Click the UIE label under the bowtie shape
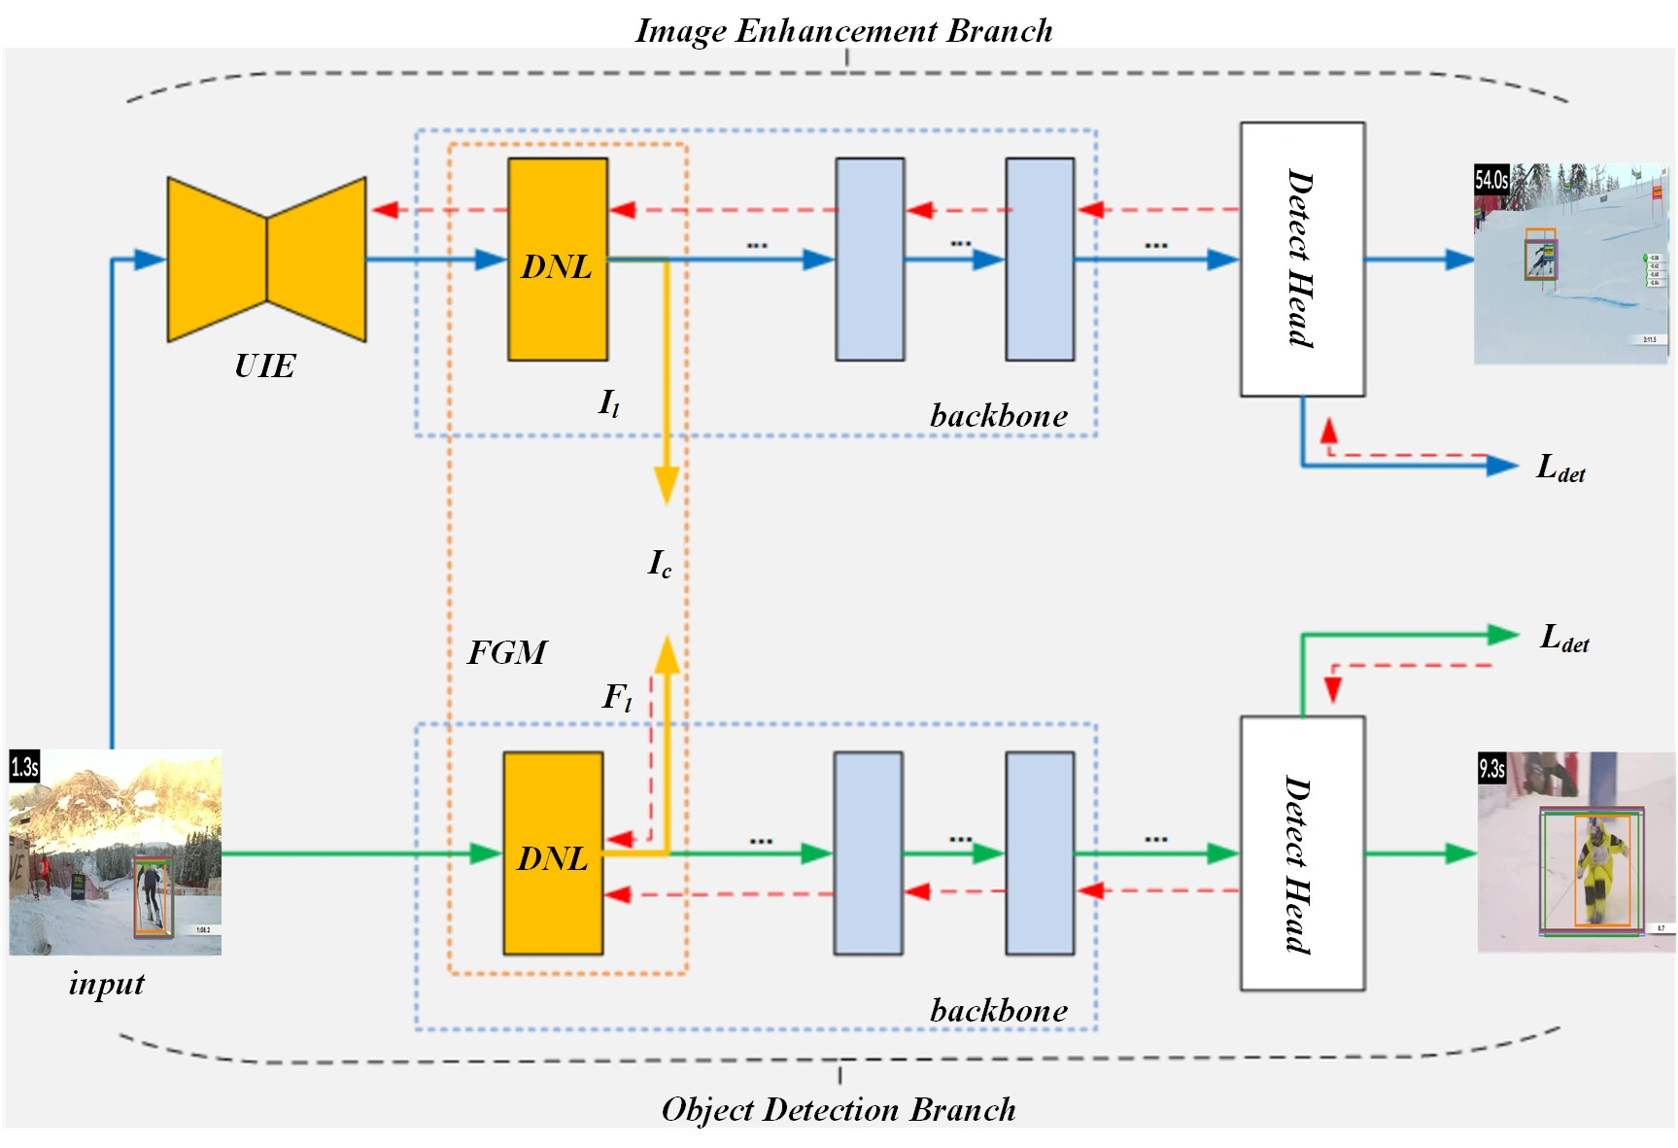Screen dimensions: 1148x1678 point(264,366)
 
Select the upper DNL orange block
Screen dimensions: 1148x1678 point(558,260)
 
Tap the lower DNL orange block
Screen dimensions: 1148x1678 point(553,853)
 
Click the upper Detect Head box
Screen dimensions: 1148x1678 point(1302,260)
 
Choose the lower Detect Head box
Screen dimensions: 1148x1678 point(1302,853)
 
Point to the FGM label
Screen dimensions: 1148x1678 point(507,652)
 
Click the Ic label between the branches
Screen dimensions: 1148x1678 point(660,563)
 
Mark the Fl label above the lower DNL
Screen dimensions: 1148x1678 point(617,697)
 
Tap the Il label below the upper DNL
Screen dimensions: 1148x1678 point(609,402)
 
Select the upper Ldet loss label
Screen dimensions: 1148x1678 point(1560,469)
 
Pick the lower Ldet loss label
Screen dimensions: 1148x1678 point(1564,639)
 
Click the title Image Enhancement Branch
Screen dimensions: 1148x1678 point(843,30)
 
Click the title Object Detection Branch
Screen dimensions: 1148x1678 point(839,1109)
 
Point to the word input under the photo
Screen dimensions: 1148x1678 point(106,984)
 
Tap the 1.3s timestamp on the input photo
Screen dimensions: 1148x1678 point(24,767)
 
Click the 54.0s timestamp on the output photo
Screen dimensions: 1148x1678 point(1491,180)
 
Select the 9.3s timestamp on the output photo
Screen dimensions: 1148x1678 point(1491,769)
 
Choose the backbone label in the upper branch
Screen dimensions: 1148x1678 point(998,416)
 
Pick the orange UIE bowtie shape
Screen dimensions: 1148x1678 point(266,260)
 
